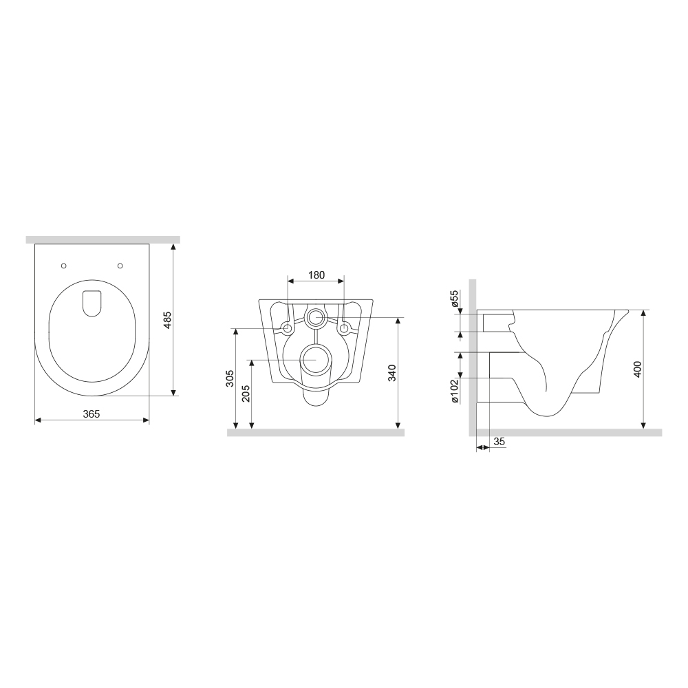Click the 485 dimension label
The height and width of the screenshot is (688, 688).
click(167, 320)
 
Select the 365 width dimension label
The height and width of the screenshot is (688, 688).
click(92, 413)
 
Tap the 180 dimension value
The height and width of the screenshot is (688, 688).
click(316, 275)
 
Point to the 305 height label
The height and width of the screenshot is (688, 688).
click(230, 378)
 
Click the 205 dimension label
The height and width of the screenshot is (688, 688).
click(246, 394)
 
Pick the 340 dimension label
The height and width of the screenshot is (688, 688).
click(392, 372)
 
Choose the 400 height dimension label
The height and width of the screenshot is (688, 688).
click(638, 369)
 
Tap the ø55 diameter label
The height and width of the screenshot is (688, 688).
click(455, 299)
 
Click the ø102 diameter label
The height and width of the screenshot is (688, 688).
click(455, 391)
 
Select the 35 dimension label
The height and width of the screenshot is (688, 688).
click(499, 442)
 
